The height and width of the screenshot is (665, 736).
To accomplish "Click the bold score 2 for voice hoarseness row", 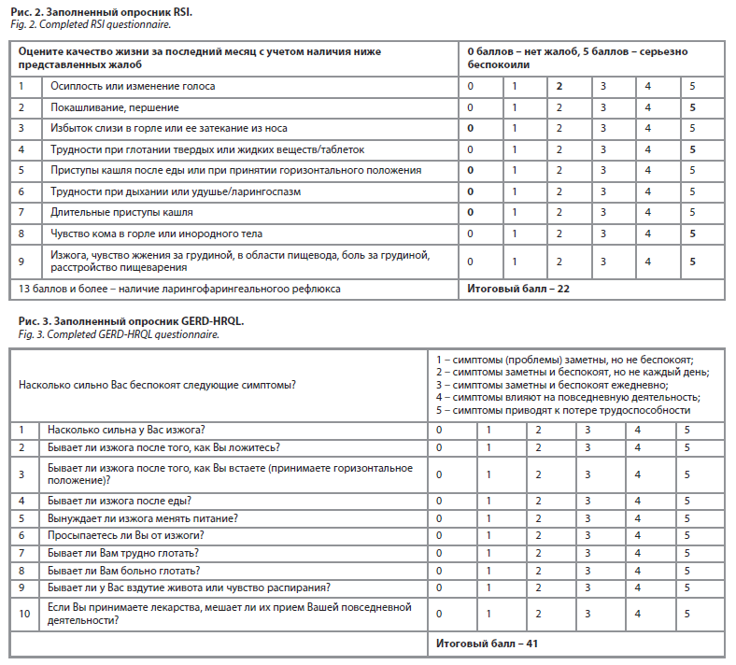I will (x=559, y=86).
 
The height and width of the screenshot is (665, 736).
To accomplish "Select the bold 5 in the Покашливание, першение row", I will (x=692, y=107).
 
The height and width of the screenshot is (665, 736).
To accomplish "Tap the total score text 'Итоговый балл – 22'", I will (x=518, y=289).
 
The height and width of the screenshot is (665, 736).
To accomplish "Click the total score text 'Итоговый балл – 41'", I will (x=487, y=644).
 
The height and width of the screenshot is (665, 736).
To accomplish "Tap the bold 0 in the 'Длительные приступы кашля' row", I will (x=471, y=212).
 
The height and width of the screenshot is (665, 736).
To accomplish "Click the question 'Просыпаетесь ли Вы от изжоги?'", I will (x=126, y=535).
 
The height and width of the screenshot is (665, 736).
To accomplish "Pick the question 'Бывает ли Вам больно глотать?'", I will (x=125, y=569).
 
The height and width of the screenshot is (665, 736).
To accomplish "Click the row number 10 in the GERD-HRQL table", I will (x=24, y=614).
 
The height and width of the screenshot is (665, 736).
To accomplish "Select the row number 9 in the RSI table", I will (x=22, y=261).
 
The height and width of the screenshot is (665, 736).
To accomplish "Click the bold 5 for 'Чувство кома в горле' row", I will (x=692, y=233).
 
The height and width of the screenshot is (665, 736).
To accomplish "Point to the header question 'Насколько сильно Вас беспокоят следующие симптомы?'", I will (x=157, y=384).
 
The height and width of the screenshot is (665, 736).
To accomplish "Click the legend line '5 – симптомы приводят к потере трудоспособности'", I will (x=562, y=410).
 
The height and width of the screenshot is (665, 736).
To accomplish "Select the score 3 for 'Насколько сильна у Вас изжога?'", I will (x=588, y=430).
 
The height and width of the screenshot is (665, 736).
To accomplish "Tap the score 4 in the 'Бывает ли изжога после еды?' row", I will (x=637, y=501).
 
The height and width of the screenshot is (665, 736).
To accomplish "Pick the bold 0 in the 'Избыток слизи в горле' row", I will (x=471, y=128).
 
